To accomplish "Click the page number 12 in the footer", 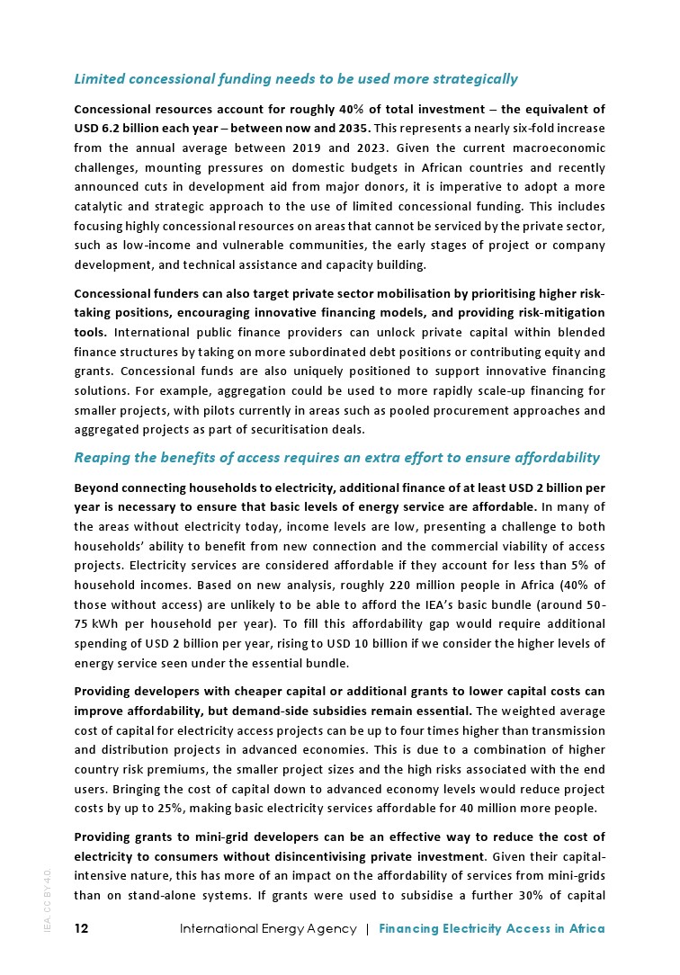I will tap(81, 928).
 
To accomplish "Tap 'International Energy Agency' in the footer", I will tap(268, 928).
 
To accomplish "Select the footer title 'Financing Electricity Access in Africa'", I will tap(492, 928).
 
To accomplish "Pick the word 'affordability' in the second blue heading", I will tap(554, 458).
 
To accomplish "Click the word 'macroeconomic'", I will tap(560, 148).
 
